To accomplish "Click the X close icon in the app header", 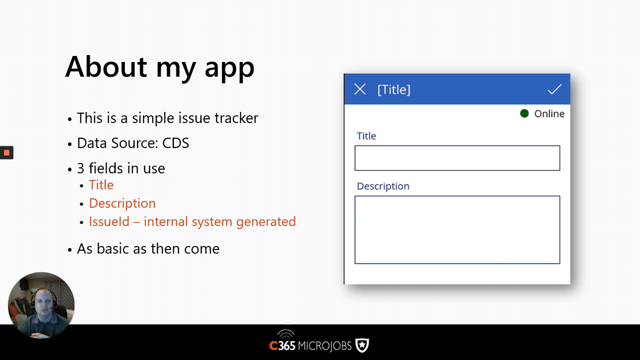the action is coord(360,89).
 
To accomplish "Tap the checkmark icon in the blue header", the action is coord(554,89).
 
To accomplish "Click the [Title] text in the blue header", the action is coord(394,90).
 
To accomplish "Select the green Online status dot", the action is coord(524,113).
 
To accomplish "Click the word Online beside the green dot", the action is coord(549,114).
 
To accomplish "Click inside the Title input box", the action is coord(457,158).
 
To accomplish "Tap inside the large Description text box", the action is coord(457,230).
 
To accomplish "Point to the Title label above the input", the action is coord(367,136).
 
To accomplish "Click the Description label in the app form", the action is coord(383,186).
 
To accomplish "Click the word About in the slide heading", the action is coord(106,67).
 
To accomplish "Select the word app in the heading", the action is coord(230,69).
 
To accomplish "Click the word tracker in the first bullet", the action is coord(236,118).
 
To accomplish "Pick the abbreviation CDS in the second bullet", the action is coord(175,143).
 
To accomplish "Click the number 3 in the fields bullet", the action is coord(81,168).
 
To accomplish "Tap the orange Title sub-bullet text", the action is coord(101,185).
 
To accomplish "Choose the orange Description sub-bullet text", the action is coord(122,204).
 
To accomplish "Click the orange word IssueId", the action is coord(109,222).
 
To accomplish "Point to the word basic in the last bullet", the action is coord(113,248).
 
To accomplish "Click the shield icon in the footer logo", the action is coord(362,346).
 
